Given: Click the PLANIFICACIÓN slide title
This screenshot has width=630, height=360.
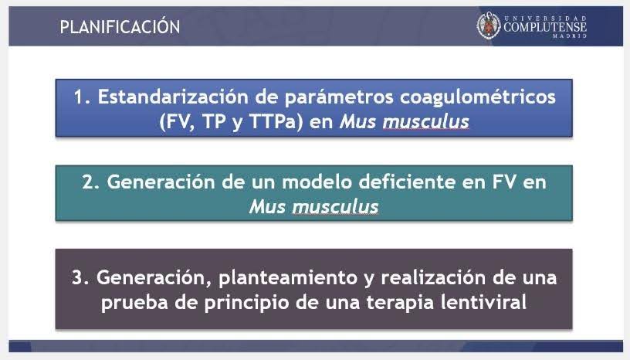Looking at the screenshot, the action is click(x=120, y=27).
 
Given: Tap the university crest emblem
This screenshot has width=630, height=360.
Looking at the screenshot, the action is click(x=489, y=25).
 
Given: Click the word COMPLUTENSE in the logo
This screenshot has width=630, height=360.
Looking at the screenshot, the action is click(x=545, y=27).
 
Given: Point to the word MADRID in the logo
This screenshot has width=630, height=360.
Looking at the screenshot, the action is click(x=570, y=36).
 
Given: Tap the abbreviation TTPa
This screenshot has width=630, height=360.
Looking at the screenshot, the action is click(x=276, y=122).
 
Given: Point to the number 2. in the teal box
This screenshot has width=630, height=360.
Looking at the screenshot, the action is click(x=92, y=182).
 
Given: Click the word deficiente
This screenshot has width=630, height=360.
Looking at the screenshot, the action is click(x=407, y=182).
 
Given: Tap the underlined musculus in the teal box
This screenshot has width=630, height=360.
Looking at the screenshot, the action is click(x=335, y=207).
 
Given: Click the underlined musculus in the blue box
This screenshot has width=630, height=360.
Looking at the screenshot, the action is click(x=425, y=122).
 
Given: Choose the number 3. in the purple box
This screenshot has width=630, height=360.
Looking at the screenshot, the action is click(x=81, y=278).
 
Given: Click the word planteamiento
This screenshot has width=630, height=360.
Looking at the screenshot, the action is click(x=288, y=278).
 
